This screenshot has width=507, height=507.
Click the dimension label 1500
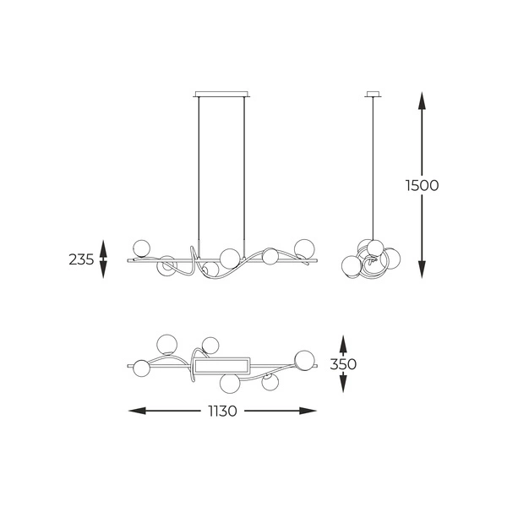422,186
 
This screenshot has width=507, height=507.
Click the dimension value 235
81,259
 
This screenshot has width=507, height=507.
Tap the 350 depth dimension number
343,364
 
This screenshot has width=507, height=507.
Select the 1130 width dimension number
222,412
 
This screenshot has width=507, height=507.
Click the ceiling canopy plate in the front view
221,94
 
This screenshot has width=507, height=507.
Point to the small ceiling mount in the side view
373,94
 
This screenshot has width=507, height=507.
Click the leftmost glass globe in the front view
141,248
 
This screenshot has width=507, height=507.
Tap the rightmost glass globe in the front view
304,248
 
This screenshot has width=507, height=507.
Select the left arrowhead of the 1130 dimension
137,411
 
